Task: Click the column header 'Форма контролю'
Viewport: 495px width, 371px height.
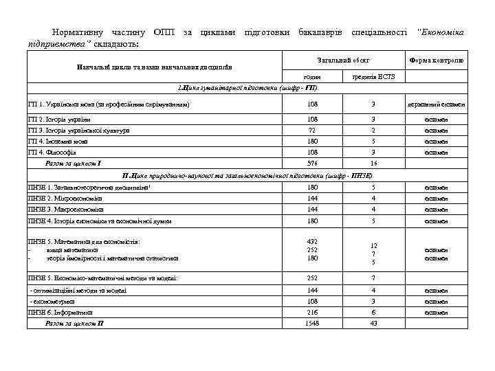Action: click(437, 60)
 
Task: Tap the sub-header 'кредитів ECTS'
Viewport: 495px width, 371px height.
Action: click(373, 78)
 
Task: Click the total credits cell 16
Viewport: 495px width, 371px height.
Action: click(373, 164)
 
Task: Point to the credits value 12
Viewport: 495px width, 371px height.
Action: click(373, 245)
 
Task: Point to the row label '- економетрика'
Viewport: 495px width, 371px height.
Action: click(52, 301)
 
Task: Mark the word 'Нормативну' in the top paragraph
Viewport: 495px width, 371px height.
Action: click(77, 33)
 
